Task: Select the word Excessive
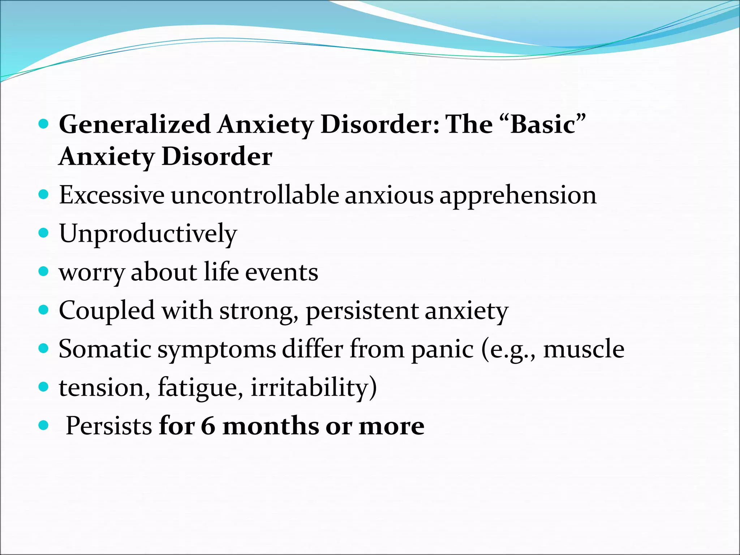tap(112, 195)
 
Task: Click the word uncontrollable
tap(255, 195)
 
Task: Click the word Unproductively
tap(148, 234)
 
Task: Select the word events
tap(281, 272)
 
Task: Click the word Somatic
tap(105, 349)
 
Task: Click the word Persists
tap(109, 426)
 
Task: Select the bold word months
tap(271, 426)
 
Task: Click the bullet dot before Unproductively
tap(43, 233)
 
